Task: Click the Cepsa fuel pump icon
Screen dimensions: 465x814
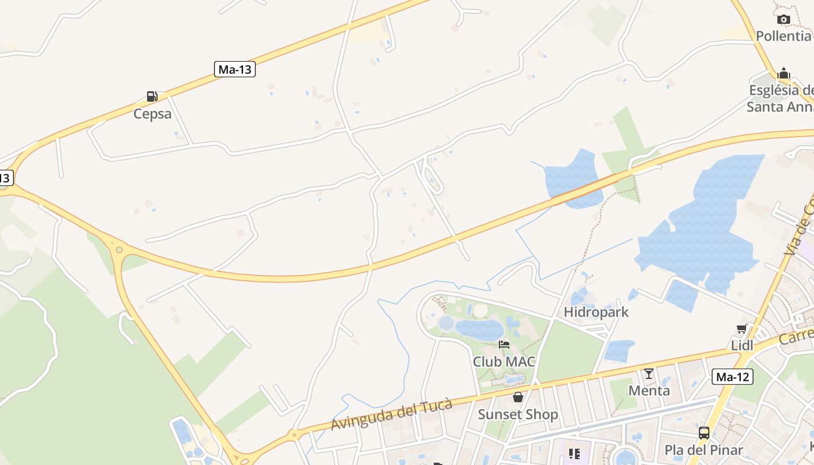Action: pos(152,96)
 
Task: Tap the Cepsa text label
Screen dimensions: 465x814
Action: pos(152,113)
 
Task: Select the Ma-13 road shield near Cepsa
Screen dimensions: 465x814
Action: pos(235,70)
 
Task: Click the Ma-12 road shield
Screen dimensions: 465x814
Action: pos(733,377)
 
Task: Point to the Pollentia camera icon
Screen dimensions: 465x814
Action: pos(784,20)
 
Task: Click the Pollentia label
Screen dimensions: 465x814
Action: pos(783,36)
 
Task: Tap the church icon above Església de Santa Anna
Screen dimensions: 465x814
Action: pos(784,74)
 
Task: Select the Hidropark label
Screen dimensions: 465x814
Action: pos(596,312)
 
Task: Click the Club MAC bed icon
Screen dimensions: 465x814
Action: pos(504,345)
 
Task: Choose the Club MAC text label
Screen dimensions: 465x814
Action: pos(504,362)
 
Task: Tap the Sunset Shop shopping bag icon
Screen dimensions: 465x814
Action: pos(518,398)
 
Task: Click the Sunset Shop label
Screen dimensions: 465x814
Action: pos(517,414)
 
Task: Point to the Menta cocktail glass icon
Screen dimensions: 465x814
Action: pos(649,374)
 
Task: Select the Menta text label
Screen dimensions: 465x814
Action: pos(649,391)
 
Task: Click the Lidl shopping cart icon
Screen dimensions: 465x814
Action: pos(742,329)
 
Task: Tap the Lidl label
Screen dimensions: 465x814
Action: pos(742,346)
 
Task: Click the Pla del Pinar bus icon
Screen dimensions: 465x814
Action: pos(704,433)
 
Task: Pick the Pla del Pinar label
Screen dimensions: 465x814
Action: pos(704,450)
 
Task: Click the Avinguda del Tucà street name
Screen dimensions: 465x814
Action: pos(391,415)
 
